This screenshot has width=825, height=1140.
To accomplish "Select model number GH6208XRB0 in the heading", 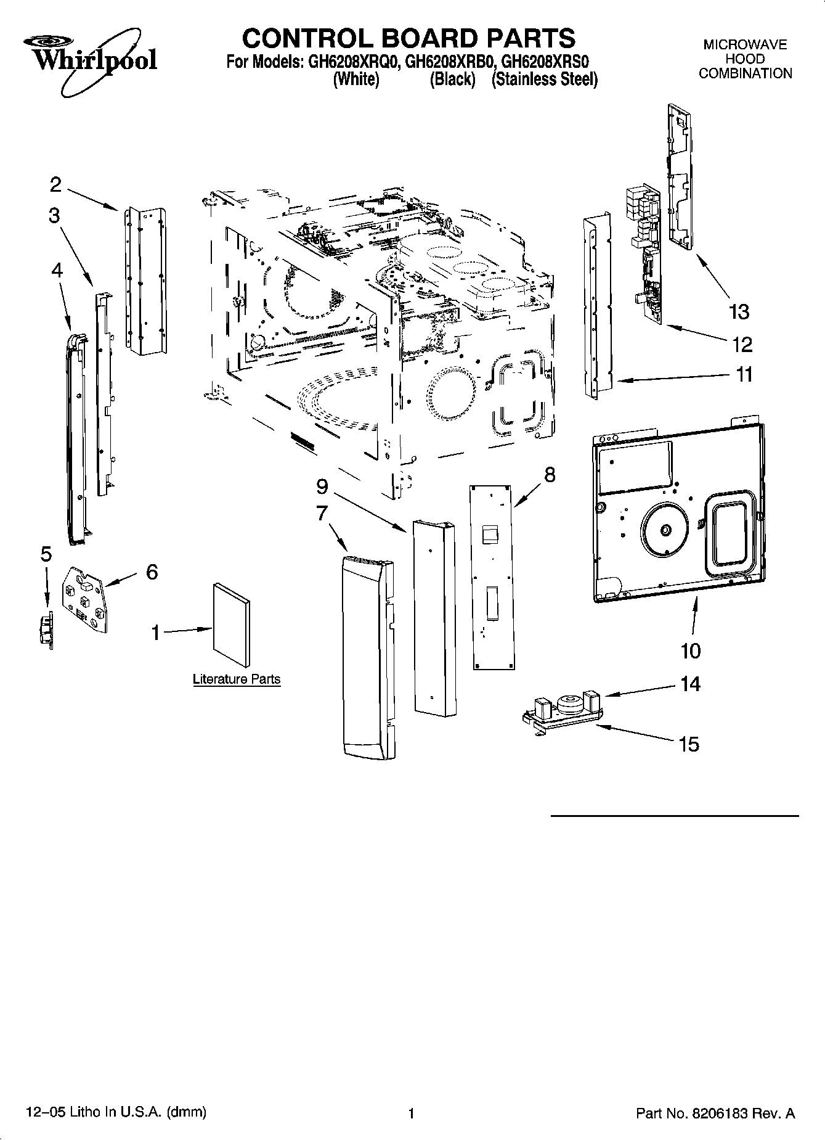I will [451, 62].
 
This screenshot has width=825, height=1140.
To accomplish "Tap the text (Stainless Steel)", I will [544, 80].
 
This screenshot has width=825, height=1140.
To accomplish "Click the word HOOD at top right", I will [745, 59].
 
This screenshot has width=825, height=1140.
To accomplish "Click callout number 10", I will [691, 650].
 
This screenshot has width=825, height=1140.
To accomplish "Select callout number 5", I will [46, 554].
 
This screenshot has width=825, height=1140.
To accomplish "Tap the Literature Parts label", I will [237, 679].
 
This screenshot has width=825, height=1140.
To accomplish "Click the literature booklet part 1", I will [232, 624].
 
